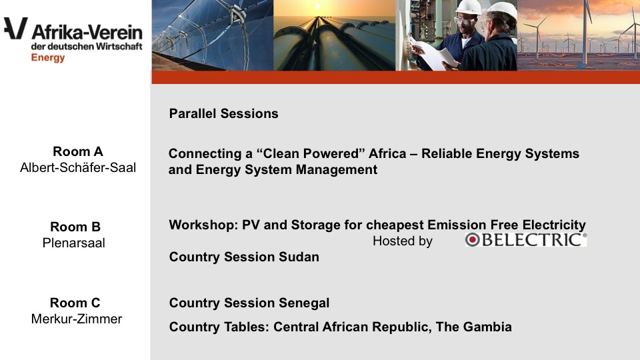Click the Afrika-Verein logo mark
(x=16, y=28)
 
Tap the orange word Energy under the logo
(x=48, y=57)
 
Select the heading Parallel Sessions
(x=224, y=113)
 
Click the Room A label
(x=78, y=151)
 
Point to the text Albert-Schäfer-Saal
(x=78, y=167)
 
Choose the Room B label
(x=75, y=227)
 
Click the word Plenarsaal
(x=74, y=243)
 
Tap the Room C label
(x=75, y=303)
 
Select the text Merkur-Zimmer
(x=77, y=319)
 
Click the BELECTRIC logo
(x=526, y=239)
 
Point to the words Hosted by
(x=403, y=241)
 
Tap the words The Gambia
(x=473, y=327)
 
